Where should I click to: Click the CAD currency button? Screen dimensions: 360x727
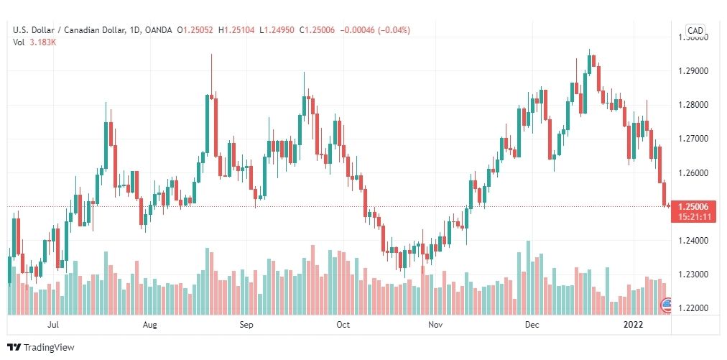pos(695,30)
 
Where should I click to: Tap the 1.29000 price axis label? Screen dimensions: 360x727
pos(694,71)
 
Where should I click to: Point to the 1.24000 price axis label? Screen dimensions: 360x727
pos(694,241)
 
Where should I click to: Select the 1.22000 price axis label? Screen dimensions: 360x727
pos(694,308)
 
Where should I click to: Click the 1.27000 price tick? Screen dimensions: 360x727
pos(694,139)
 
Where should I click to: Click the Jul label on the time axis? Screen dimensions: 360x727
pos(52,325)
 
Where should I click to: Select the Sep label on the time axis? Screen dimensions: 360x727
pos(246,325)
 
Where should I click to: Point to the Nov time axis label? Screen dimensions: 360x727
pos(435,325)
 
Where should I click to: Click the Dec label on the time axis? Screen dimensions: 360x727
pos(532,325)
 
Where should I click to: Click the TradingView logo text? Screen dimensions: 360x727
pos(49,348)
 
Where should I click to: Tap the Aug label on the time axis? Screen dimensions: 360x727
pos(149,325)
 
